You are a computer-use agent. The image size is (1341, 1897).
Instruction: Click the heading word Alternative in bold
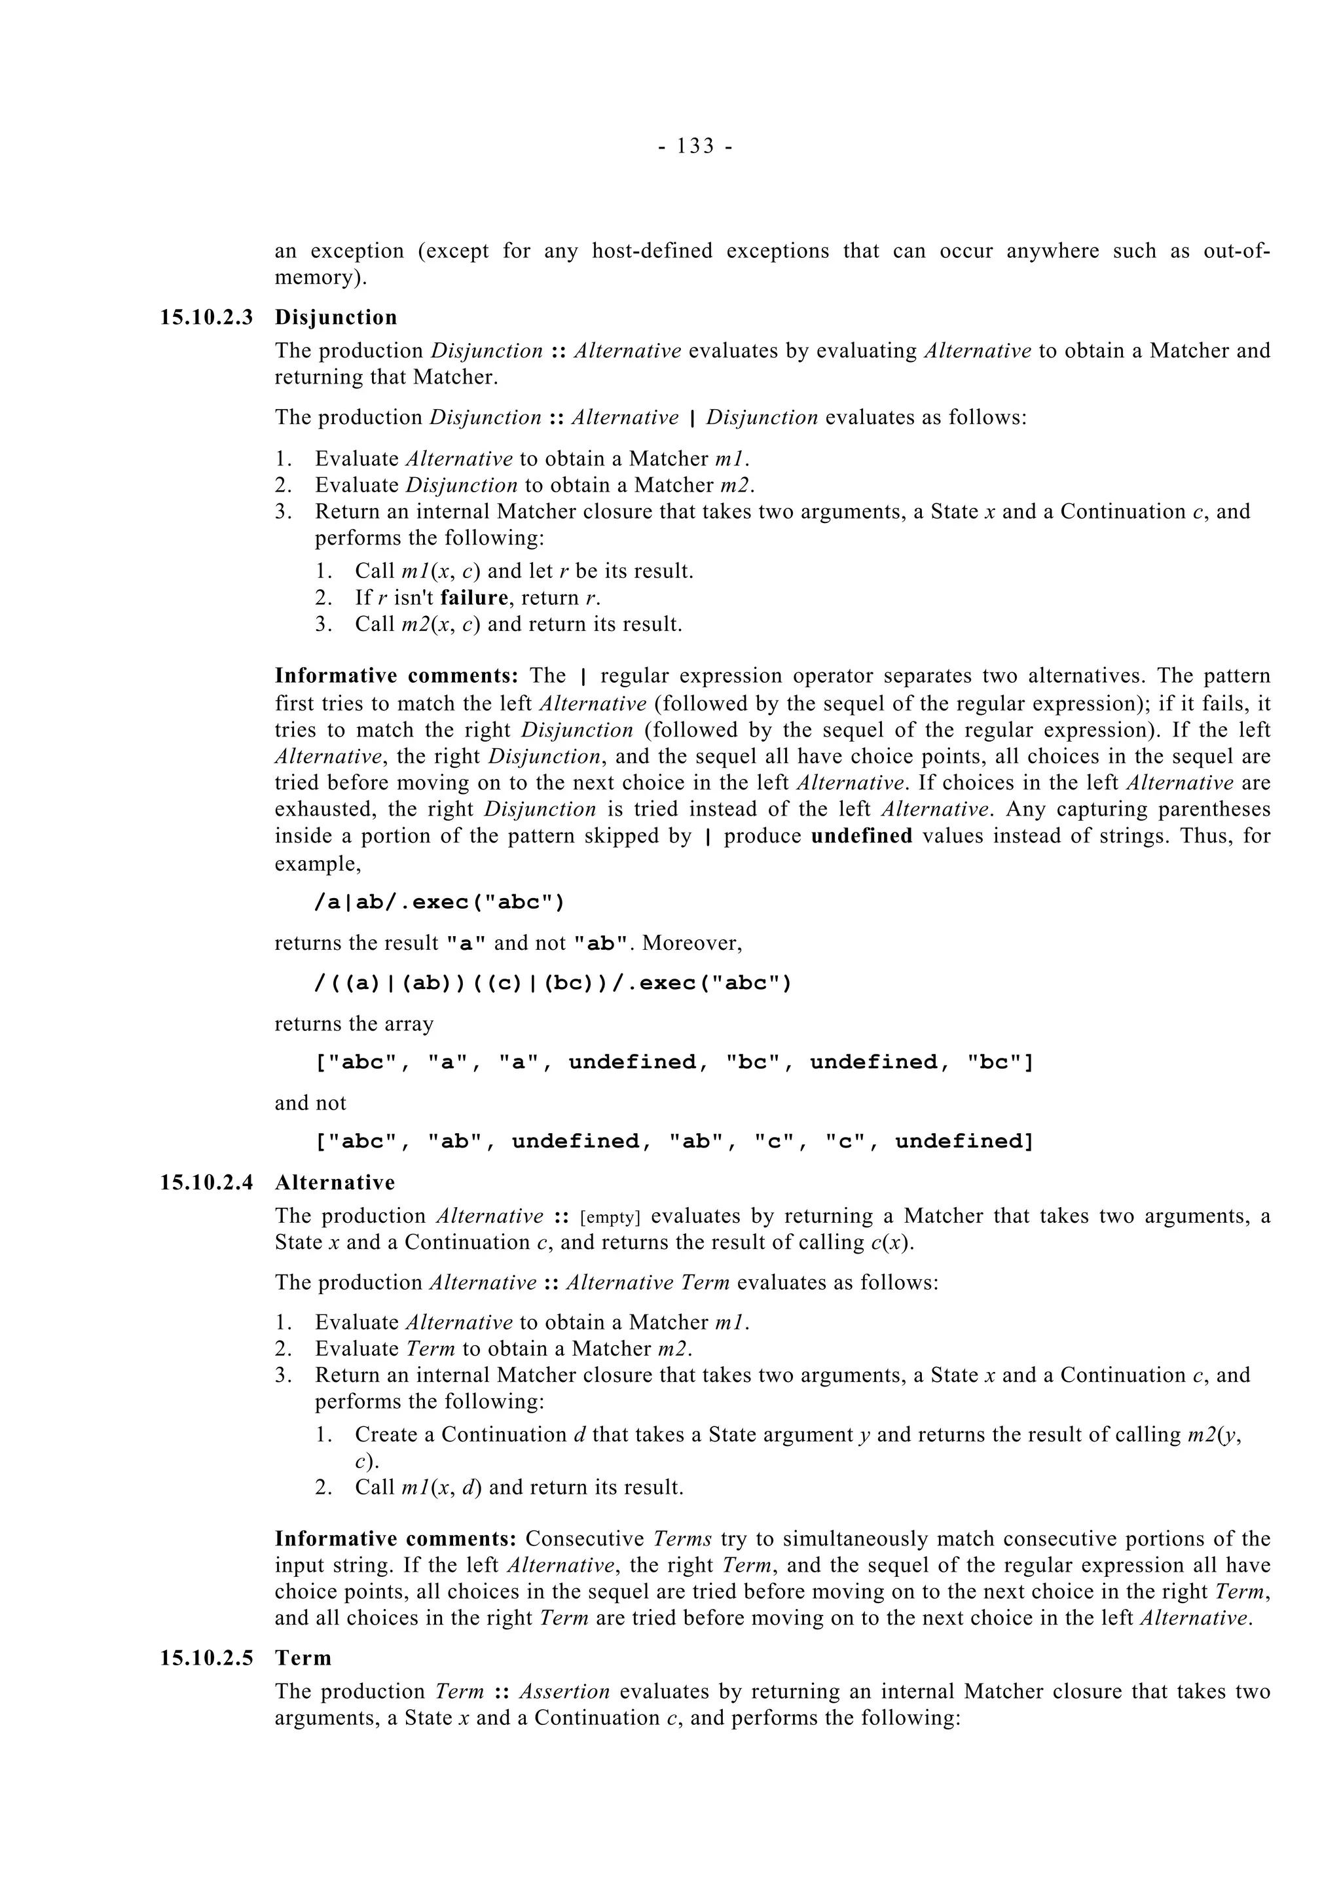point(335,1182)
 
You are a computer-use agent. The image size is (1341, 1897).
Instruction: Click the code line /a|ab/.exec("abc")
point(439,901)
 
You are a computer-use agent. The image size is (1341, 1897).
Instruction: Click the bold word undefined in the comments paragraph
point(861,836)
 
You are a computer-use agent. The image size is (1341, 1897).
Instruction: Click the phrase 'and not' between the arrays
point(310,1103)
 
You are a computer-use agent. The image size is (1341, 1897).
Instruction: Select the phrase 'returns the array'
point(354,1024)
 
